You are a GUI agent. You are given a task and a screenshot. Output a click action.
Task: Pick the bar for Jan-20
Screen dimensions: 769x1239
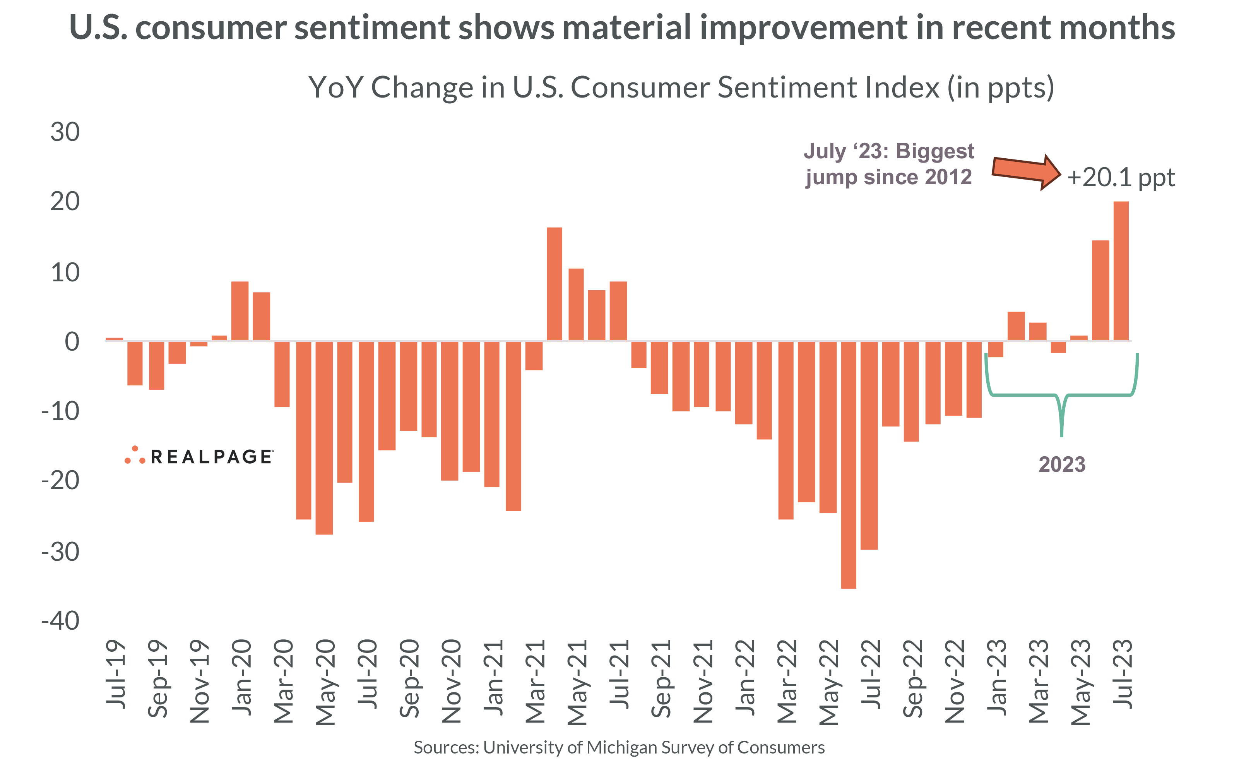pos(240,311)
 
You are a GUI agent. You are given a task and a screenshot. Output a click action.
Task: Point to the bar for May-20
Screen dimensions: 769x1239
pos(324,437)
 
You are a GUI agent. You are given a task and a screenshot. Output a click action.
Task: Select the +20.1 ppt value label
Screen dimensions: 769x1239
pos(1121,178)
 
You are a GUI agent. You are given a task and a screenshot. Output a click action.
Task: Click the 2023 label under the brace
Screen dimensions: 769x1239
pos(1061,464)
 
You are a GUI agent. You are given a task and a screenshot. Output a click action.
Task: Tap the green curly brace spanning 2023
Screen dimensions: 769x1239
pos(1061,395)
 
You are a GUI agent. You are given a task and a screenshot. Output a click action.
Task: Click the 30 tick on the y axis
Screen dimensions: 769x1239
pos(65,132)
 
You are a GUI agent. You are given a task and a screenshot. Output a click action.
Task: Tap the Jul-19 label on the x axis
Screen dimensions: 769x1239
pos(115,673)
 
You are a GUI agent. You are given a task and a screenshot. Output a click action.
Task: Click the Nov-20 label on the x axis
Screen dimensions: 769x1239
pos(451,682)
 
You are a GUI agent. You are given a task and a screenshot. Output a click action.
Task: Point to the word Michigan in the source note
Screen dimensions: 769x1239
pos(617,747)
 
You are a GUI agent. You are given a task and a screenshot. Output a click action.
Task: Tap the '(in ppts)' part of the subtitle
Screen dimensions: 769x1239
pos(1000,87)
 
